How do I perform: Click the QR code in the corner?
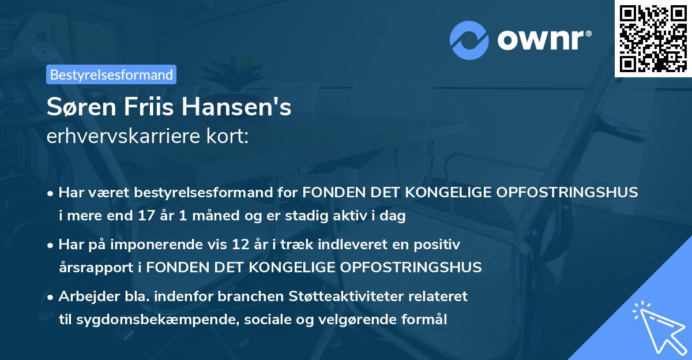coord(653,38)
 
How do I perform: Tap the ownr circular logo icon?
coord(469,40)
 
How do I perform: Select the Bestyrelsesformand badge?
coord(111,74)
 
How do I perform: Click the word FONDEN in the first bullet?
coord(333,193)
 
